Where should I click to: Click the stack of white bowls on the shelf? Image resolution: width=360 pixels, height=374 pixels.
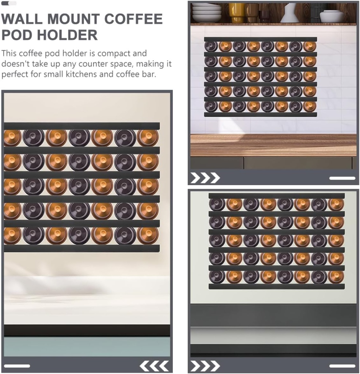tap(206, 13)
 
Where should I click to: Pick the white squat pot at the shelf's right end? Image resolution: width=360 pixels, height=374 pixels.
tap(331, 16)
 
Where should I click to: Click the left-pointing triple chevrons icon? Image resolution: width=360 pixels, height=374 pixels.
tap(154, 365)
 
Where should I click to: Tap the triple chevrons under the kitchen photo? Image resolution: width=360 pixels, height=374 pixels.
tap(205, 178)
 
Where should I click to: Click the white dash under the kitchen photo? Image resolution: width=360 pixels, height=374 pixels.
tap(342, 178)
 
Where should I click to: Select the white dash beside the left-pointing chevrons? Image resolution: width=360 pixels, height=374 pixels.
tap(17, 366)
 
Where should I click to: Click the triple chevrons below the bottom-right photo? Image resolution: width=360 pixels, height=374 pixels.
tap(205, 366)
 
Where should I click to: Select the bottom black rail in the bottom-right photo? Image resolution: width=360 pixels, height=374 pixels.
tap(276, 286)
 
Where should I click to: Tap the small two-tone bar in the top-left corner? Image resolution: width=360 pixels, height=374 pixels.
tap(9, 3)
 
